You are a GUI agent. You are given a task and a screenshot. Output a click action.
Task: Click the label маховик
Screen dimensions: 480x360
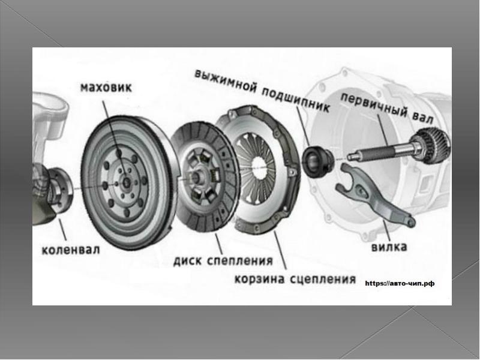click(x=106, y=87)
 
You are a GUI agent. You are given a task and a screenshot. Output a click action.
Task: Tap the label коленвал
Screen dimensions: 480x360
click(x=71, y=250)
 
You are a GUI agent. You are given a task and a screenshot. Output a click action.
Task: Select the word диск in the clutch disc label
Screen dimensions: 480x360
click(x=187, y=261)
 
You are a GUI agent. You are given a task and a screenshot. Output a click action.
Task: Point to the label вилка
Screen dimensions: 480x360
click(x=389, y=247)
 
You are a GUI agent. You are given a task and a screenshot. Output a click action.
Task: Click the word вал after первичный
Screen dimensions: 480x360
click(x=423, y=118)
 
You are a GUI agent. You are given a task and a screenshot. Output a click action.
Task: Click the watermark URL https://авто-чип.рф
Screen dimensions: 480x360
click(x=400, y=283)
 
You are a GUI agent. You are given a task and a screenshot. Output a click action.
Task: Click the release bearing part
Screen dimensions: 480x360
click(x=317, y=161)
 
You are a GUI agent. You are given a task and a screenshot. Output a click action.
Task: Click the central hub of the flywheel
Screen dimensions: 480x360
click(x=126, y=182)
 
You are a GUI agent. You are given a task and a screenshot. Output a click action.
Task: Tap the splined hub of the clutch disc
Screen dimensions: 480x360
click(x=196, y=176)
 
